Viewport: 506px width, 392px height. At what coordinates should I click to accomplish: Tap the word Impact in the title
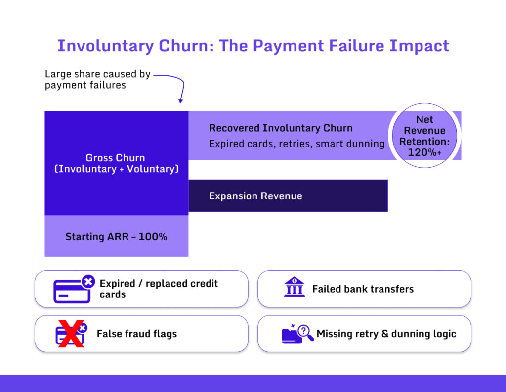coord(419,46)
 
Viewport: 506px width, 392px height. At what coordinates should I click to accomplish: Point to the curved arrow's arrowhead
coord(181,101)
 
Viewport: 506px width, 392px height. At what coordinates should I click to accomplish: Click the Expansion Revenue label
coord(255,196)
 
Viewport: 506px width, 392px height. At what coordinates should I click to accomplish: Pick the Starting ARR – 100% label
coord(116,237)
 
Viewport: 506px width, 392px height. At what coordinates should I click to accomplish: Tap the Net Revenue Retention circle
coord(424,136)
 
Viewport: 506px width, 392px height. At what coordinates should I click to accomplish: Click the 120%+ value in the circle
coord(424,152)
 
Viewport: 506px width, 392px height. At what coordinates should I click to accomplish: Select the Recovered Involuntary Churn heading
coord(281,128)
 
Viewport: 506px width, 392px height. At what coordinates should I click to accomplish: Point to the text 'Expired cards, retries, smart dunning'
coord(296,144)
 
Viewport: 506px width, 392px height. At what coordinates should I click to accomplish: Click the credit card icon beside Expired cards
coord(74,289)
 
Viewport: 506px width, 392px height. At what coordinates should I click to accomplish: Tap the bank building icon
coord(295,287)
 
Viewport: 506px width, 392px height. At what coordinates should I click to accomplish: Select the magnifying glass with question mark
coord(305,333)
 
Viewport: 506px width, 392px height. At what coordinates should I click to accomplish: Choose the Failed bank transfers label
coord(363,289)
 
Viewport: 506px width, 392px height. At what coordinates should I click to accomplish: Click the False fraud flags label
coord(137,334)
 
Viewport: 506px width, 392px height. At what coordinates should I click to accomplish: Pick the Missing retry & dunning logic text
coord(386,334)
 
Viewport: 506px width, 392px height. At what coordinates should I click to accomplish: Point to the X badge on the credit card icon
coord(88,282)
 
